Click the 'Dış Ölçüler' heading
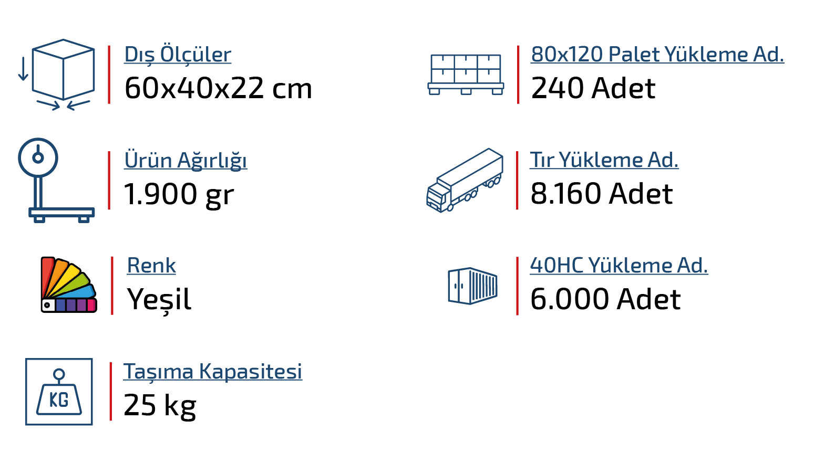(178, 55)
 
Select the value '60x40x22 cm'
(218, 88)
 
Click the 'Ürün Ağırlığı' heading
(185, 160)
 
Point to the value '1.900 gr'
(179, 194)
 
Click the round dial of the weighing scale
(38, 157)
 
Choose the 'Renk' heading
(151, 266)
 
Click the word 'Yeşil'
(159, 300)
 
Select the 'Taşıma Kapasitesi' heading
(213, 372)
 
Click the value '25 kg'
(160, 406)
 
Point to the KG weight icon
(59, 392)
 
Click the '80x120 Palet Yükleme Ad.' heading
(657, 55)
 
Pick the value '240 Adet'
(593, 88)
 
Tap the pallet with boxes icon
(466, 74)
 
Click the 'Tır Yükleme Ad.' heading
(604, 160)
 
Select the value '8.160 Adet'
(602, 194)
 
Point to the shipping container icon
(472, 286)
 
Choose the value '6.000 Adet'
(605, 300)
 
